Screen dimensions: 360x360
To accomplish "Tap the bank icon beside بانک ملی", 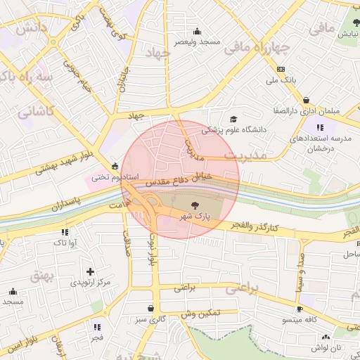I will [281, 69].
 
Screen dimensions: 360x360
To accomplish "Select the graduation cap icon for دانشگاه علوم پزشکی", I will [233, 119].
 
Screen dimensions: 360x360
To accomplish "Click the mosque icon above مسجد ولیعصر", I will [197, 31].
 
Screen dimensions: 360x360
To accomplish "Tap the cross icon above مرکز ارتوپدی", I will [89, 271].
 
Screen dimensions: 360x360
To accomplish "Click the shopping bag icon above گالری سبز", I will [150, 308].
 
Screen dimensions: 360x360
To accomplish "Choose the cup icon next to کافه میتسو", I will [300, 309].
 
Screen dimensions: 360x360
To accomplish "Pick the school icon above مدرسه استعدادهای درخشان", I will [320, 127].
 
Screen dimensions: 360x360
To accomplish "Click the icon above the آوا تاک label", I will [65, 232].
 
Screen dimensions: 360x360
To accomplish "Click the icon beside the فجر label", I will [96, 328].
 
